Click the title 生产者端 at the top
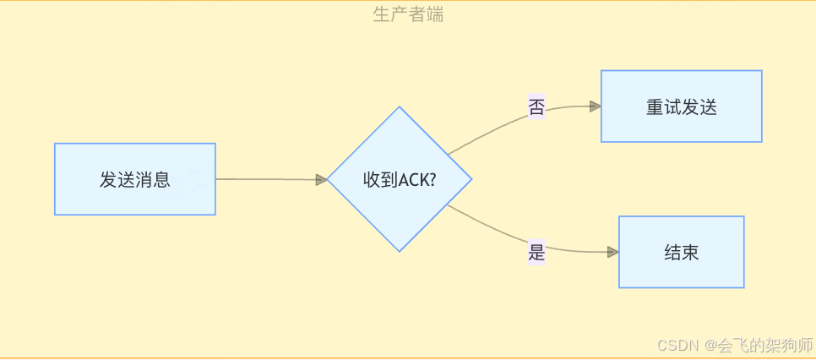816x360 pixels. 408,14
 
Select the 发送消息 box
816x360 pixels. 135,179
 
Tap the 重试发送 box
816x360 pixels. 681,106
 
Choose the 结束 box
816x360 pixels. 681,252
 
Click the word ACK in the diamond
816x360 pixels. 413,180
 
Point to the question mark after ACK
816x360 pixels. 432,180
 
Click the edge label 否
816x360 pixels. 536,107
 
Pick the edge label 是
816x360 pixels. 536,252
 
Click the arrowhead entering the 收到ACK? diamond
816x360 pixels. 321,180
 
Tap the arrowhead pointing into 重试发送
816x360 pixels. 595,106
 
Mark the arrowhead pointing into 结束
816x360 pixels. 613,252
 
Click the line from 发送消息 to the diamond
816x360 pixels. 266,179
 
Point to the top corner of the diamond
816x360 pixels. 399,108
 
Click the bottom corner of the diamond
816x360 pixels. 399,250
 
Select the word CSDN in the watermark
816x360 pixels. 675,346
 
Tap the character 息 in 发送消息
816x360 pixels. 162,180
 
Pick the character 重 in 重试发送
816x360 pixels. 655,107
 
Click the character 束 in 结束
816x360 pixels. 690,252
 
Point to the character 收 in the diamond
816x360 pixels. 372,180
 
